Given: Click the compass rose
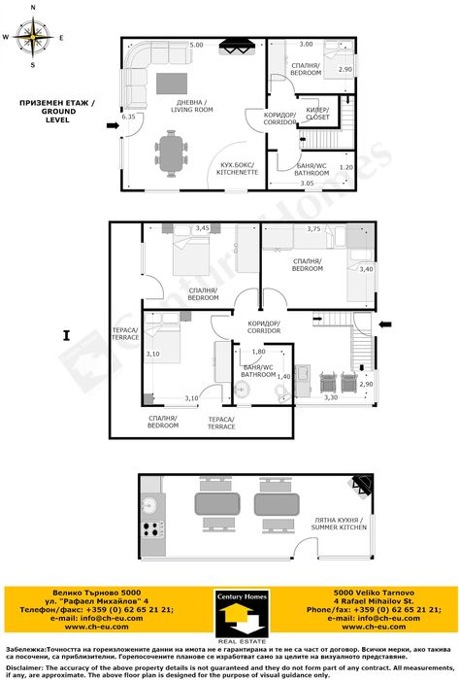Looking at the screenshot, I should pyautogui.click(x=33, y=38).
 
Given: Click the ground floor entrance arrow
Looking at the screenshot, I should pyautogui.click(x=113, y=125).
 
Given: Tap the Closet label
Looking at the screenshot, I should pyautogui.click(x=316, y=112).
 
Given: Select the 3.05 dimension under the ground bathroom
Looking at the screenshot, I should pyautogui.click(x=307, y=183).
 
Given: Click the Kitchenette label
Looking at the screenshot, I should pyautogui.click(x=236, y=168).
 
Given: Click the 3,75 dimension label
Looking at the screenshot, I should pyautogui.click(x=313, y=228).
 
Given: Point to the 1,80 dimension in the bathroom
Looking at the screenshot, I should pyautogui.click(x=258, y=352).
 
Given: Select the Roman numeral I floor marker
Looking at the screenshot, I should pyautogui.click(x=66, y=336).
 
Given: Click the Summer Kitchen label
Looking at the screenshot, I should pyautogui.click(x=339, y=525).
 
